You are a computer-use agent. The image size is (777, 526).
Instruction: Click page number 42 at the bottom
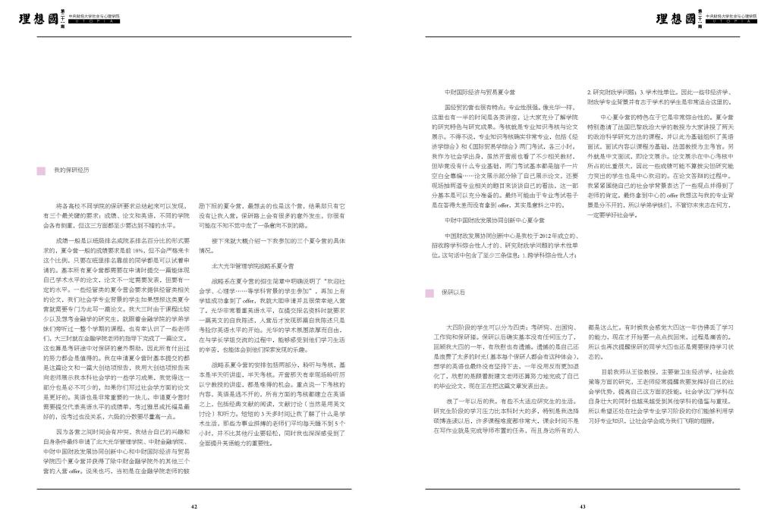pyautogui.click(x=194, y=506)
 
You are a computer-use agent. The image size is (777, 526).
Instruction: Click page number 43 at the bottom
pyautogui.click(x=582, y=506)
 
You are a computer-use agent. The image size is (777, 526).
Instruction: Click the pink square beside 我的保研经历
pyautogui.click(x=41, y=171)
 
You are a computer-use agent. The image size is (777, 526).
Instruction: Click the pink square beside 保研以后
pyautogui.click(x=429, y=292)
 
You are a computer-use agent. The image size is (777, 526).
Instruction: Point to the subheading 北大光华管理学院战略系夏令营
pyautogui.click(x=252, y=267)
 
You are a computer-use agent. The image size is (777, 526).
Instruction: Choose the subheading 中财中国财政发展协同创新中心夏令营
pyautogui.click(x=495, y=220)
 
